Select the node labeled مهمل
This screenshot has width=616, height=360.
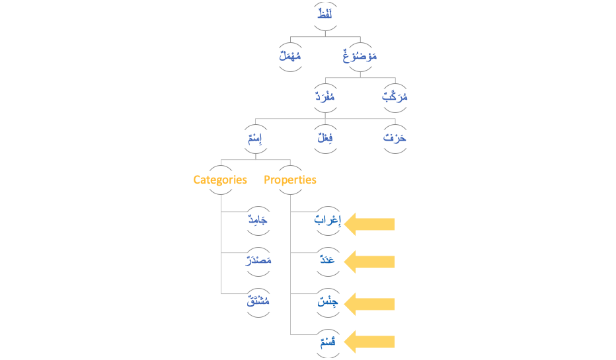point(289,57)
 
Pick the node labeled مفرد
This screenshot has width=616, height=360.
point(325,97)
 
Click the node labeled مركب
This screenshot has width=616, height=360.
point(395,97)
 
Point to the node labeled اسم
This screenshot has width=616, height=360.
point(255,139)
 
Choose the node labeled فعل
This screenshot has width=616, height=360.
point(325,139)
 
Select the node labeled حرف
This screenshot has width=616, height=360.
point(395,139)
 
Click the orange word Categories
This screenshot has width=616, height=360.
point(220,180)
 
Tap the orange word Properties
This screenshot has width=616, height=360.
point(290,180)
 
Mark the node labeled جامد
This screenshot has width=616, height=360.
point(258,220)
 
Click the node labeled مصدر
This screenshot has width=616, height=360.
point(258,261)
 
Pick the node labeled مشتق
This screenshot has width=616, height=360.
point(258,303)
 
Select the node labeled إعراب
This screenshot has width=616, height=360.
point(327,221)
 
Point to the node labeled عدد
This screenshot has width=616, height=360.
point(327,261)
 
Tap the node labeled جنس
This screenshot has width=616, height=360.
point(327,303)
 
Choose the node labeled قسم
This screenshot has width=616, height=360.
point(327,342)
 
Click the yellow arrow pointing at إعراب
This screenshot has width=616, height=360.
point(370,224)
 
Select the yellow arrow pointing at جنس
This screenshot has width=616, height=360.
point(370,303)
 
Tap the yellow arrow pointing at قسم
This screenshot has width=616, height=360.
point(370,342)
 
